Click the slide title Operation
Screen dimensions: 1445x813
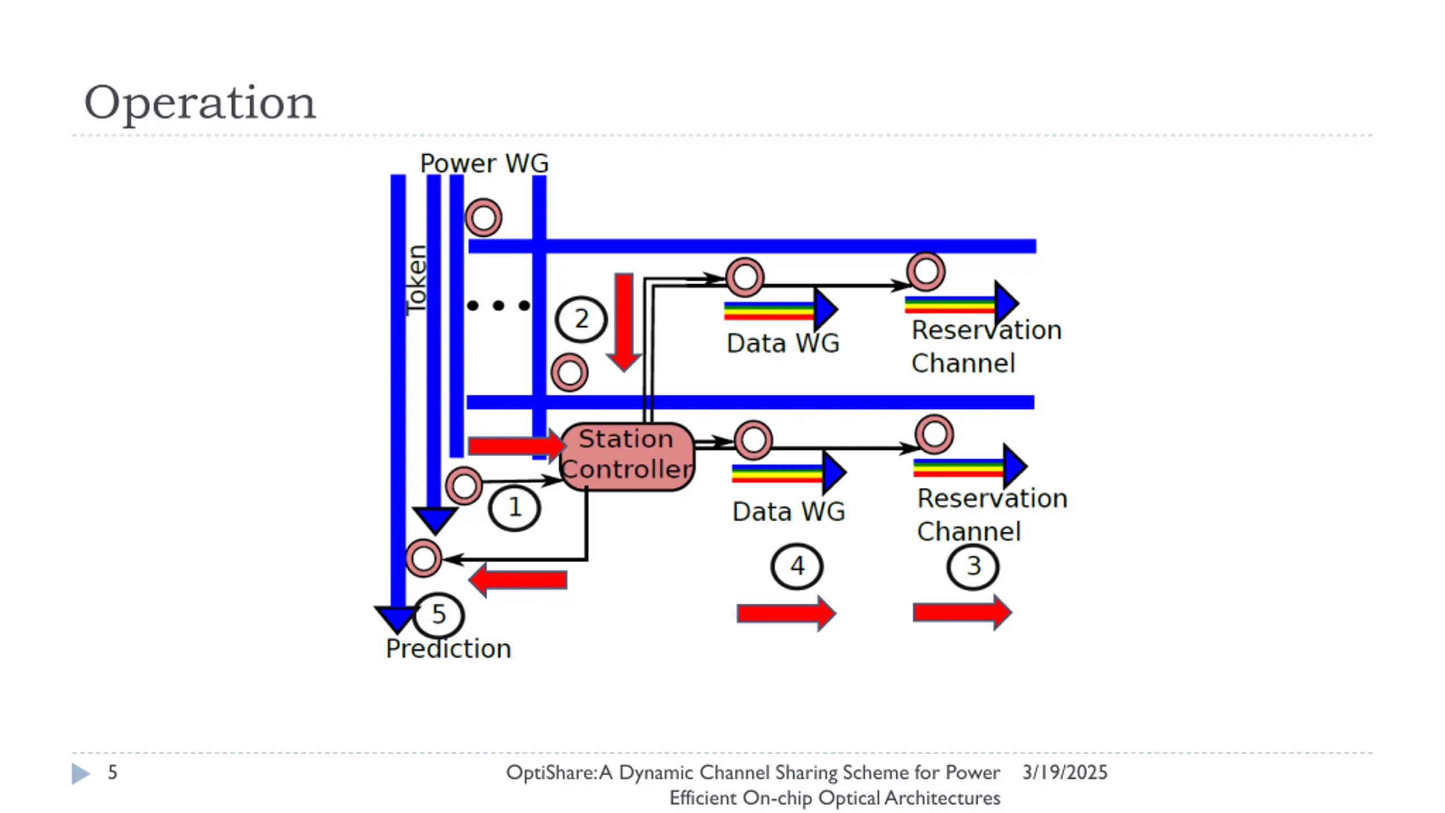(x=200, y=103)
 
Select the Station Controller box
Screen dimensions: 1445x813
(x=627, y=456)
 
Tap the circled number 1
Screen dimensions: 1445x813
(x=514, y=508)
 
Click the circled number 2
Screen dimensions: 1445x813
(x=581, y=319)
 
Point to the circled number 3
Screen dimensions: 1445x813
(x=973, y=566)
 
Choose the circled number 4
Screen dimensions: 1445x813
(x=796, y=566)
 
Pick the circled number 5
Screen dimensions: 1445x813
(x=439, y=615)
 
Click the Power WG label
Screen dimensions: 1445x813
(x=484, y=163)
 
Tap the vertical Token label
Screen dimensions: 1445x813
(x=417, y=281)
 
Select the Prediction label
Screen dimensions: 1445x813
(x=449, y=649)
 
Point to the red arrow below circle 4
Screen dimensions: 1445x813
(x=786, y=613)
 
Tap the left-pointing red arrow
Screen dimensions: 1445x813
(x=518, y=580)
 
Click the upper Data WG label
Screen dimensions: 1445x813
(x=783, y=343)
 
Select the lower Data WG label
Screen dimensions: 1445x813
(x=789, y=512)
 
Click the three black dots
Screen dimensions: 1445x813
(x=499, y=305)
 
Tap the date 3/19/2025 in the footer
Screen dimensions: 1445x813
(x=1065, y=772)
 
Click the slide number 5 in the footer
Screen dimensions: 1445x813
(x=112, y=772)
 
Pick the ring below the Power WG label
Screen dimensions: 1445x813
(x=483, y=217)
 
